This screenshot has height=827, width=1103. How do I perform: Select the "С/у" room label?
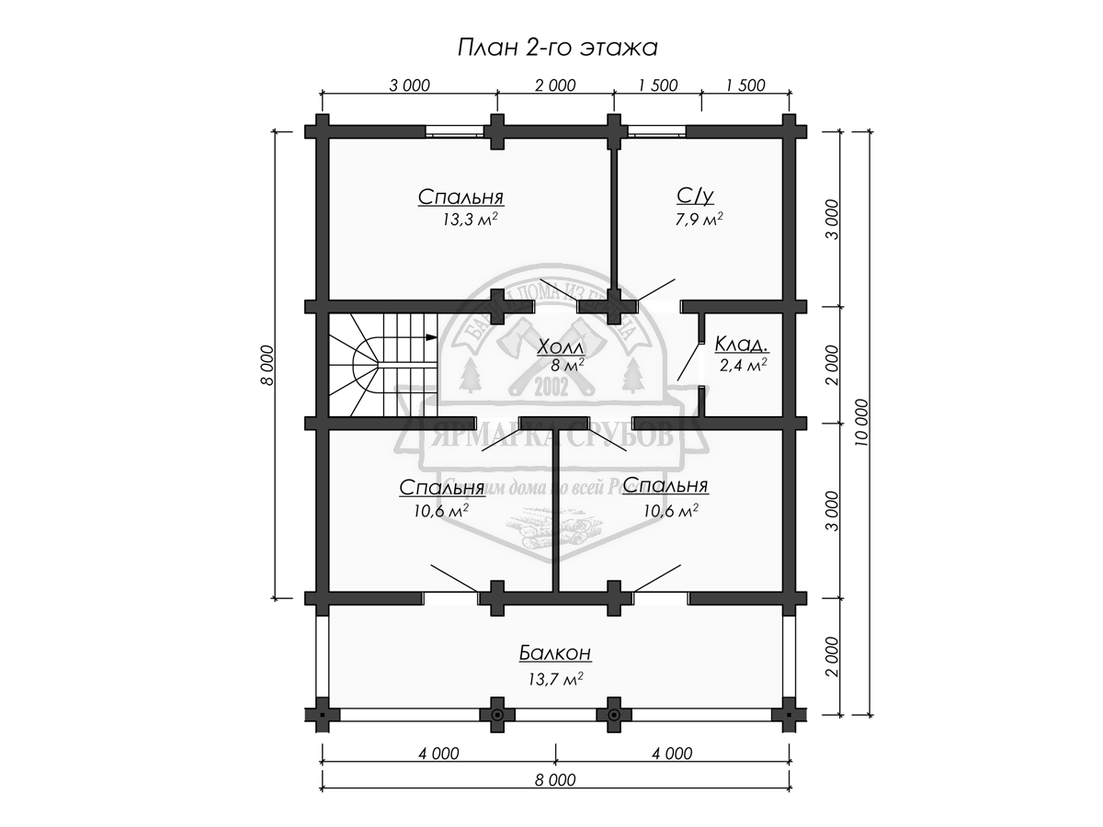[x=694, y=196]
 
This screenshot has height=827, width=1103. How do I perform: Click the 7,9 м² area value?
[x=697, y=220]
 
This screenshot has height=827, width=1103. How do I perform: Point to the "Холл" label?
[x=560, y=346]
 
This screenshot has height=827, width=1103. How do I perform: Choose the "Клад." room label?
[x=742, y=345]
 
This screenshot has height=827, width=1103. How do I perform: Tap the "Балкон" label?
[x=553, y=653]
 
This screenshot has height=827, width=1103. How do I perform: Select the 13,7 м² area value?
[x=555, y=678]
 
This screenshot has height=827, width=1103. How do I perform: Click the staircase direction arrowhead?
[x=431, y=338]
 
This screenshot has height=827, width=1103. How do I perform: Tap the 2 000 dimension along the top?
[x=554, y=86]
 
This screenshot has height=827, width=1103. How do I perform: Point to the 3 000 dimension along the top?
[x=409, y=86]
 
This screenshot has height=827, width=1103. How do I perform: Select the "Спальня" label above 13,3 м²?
[x=464, y=198]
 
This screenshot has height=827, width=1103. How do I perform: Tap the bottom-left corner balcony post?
[x=322, y=713]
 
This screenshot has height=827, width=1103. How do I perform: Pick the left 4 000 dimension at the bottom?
[x=438, y=754]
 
